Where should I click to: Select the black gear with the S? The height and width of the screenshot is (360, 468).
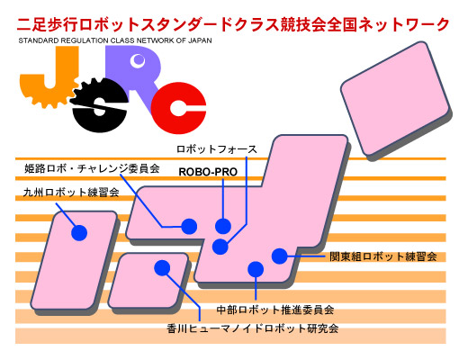[x=99, y=105]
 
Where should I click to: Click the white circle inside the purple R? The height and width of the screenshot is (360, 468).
[x=138, y=61]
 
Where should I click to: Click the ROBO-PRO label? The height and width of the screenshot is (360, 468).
[x=208, y=172]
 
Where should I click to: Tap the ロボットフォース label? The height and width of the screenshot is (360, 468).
[x=217, y=149]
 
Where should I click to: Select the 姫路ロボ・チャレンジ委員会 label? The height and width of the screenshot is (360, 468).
[x=92, y=168]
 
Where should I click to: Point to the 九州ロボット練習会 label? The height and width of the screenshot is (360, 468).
[x=71, y=192]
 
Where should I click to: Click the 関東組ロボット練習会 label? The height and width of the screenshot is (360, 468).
[x=383, y=256]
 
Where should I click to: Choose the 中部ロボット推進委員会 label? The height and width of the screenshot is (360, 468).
[x=275, y=310]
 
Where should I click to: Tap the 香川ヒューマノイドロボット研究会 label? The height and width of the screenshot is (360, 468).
[x=253, y=328]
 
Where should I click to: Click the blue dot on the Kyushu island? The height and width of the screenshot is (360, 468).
[x=79, y=232]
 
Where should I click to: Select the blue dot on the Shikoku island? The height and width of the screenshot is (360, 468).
[x=162, y=267]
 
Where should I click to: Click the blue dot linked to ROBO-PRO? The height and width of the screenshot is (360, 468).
[x=223, y=226]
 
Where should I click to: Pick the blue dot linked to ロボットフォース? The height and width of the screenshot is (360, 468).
[x=220, y=247]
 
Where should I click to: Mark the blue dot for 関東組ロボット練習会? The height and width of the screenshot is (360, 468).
[x=280, y=256]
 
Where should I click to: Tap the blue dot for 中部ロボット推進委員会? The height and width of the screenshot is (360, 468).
[x=256, y=269]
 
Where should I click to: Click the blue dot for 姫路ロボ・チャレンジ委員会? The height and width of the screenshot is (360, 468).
[x=189, y=226]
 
